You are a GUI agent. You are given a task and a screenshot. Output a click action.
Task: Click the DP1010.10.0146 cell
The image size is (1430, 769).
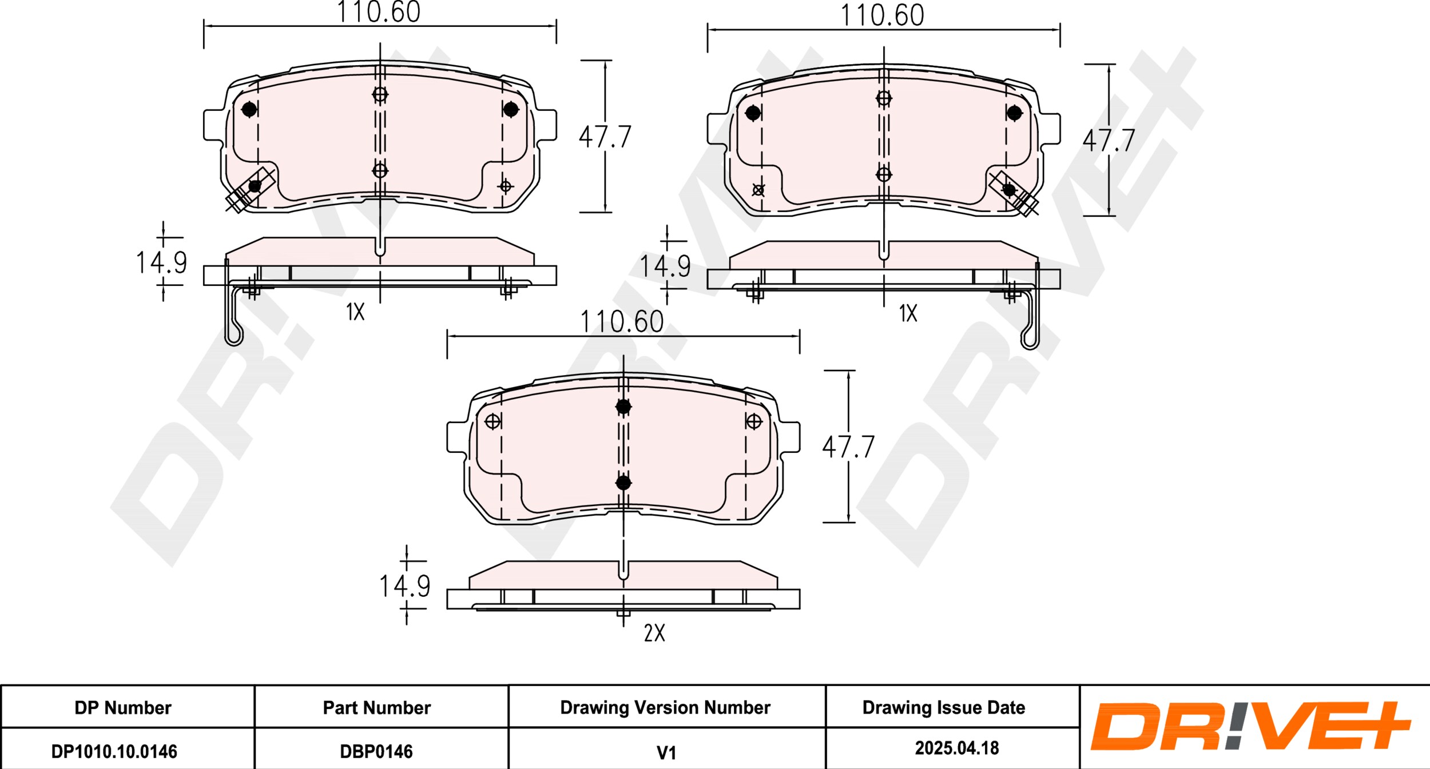[114, 751]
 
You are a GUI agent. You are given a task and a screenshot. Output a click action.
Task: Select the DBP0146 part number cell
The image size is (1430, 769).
[376, 751]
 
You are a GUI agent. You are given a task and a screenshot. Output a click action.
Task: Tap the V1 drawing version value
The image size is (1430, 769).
[666, 753]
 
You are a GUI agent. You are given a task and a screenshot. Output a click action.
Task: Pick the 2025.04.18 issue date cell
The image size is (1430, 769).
[957, 748]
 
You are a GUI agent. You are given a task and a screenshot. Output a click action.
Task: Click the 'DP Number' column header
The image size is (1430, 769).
[123, 708]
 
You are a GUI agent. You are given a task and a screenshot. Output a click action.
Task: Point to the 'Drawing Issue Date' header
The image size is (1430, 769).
[944, 708]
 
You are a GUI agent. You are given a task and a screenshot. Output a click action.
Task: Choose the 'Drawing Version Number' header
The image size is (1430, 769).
[665, 708]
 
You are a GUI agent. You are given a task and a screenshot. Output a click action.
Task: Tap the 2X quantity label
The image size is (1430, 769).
[654, 633]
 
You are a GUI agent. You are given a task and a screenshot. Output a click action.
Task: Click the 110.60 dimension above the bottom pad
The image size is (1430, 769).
[622, 322]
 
